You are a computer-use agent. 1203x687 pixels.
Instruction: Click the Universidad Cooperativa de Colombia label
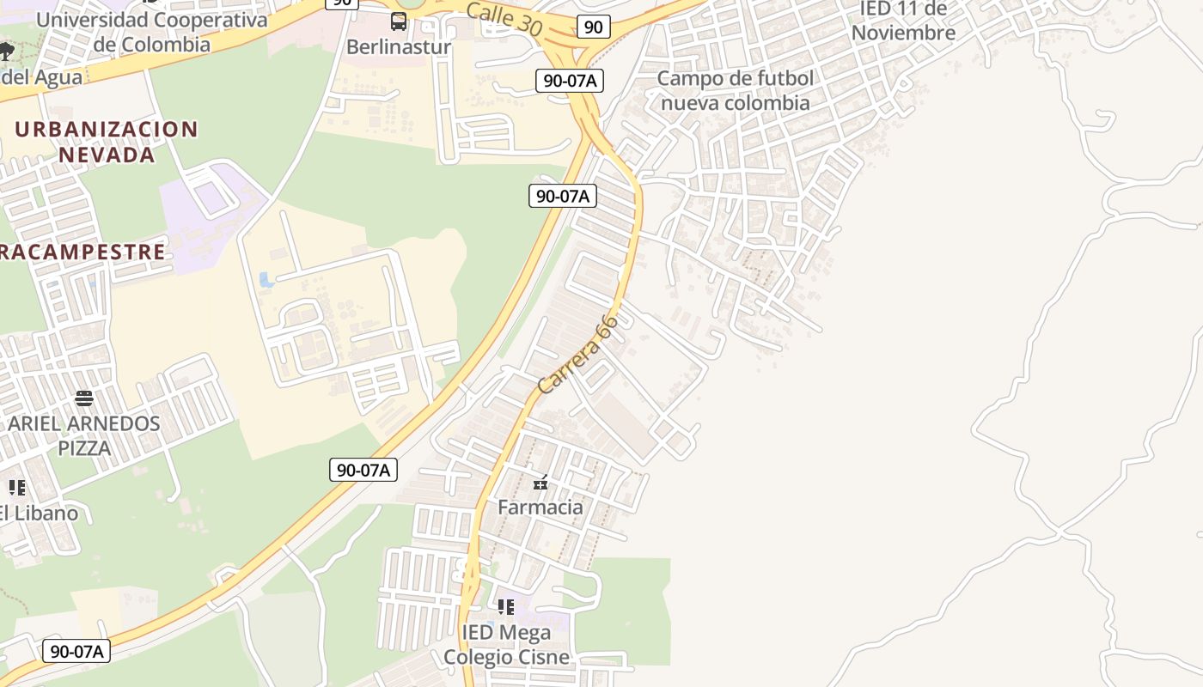151,32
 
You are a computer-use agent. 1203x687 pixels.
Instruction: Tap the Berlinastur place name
398,47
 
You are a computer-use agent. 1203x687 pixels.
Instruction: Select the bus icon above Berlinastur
399,21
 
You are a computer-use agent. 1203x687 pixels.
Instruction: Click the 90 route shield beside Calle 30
593,27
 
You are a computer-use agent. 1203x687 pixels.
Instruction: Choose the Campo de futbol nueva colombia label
735,90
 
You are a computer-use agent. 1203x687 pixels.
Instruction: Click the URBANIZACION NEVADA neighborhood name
107,142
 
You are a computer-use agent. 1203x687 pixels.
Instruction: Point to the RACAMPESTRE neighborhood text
82,252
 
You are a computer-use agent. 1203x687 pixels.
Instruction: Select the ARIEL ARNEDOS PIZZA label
84,435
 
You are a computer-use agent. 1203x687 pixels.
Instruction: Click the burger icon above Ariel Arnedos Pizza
83,398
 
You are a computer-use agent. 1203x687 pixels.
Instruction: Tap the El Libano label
40,514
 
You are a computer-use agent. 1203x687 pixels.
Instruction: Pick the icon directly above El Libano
17,488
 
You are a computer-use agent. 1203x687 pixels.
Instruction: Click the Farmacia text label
540,508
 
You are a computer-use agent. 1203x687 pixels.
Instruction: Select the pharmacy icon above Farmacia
540,483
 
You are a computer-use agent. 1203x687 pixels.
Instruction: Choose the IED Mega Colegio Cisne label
506,645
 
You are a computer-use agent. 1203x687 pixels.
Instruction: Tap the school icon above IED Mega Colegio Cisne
506,607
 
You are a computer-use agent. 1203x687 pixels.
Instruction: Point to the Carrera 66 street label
577,355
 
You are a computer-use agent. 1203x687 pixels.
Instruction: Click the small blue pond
266,280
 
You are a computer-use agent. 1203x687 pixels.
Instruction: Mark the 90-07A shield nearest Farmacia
363,470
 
